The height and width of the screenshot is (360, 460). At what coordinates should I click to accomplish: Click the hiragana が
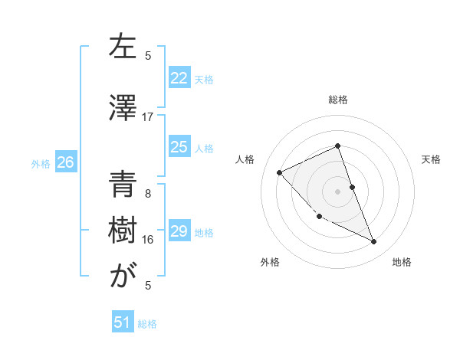click(123, 275)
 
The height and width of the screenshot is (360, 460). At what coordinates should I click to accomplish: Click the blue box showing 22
click(179, 78)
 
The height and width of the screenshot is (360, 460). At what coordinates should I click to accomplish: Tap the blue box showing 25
click(179, 147)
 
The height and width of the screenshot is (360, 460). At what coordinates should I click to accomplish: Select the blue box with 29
click(179, 231)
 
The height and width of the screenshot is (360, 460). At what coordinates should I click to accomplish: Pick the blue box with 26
click(65, 162)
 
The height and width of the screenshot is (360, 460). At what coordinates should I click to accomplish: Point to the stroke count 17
click(148, 116)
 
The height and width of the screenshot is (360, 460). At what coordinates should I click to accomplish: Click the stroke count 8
click(148, 193)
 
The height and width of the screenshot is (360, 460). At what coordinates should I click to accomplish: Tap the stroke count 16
click(148, 240)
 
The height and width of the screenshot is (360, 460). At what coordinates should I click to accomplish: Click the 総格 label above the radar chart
click(337, 100)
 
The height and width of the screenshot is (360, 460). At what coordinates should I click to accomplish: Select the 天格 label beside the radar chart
click(431, 159)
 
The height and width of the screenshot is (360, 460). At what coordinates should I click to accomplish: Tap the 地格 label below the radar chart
click(402, 262)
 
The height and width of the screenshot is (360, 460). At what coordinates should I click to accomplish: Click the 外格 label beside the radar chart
click(270, 262)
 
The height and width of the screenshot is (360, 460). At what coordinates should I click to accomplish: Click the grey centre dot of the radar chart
click(337, 191)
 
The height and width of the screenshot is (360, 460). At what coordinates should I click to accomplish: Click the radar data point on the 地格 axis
click(374, 242)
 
